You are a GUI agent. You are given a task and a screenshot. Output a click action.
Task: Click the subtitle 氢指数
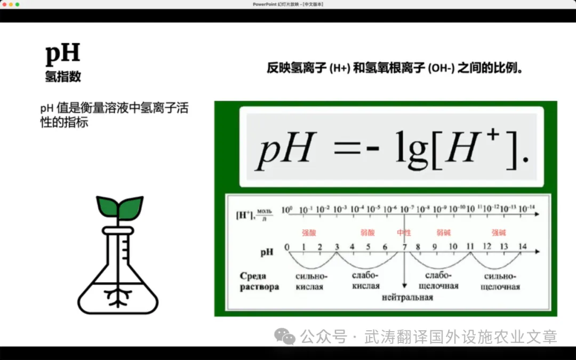63,76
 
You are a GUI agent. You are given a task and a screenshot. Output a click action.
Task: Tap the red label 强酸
309,233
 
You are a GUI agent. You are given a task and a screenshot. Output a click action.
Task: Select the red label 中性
404,233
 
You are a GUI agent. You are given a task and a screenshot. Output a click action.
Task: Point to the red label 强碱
499,233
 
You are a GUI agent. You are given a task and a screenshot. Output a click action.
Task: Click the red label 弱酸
367,233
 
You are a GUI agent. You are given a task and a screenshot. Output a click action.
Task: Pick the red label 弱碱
443,233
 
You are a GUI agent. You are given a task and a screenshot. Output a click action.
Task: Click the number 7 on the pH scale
404,247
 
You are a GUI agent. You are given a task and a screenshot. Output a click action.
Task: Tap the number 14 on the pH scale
522,246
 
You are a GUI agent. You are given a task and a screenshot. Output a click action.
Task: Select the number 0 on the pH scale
287,247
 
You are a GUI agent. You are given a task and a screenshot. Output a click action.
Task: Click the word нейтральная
407,297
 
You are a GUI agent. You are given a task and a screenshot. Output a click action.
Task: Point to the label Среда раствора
259,282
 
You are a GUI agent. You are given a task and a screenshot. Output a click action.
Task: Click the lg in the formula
411,149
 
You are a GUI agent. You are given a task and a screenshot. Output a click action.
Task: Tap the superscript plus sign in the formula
492,134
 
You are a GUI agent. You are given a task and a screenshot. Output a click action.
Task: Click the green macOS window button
17,4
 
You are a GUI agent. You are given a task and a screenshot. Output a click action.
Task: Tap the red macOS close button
4,4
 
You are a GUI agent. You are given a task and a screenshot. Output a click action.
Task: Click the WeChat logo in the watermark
285,336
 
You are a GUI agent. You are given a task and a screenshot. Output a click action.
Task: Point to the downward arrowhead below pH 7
404,285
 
